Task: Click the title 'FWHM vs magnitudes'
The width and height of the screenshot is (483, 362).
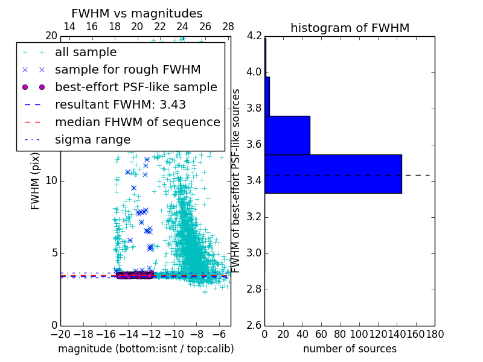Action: pyautogui.click(x=137, y=13)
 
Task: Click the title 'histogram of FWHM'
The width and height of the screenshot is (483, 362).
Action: pyautogui.click(x=350, y=28)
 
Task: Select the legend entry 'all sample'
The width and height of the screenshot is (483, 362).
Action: pyautogui.click(x=86, y=52)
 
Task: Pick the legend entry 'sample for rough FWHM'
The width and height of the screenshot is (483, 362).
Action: pyautogui.click(x=127, y=70)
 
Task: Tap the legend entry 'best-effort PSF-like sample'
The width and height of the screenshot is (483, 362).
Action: pyautogui.click(x=136, y=87)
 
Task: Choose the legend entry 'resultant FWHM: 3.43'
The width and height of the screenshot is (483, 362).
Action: pyautogui.click(x=120, y=104)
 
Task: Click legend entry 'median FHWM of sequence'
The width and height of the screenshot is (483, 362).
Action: pyautogui.click(x=137, y=122)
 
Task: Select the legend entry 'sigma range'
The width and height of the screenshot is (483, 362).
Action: pyautogui.click(x=92, y=139)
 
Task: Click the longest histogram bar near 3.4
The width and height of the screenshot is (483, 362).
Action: pyautogui.click(x=333, y=174)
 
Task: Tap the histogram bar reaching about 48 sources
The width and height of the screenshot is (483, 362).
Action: pyautogui.click(x=287, y=135)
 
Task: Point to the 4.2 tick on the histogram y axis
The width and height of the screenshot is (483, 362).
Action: pyautogui.click(x=255, y=36)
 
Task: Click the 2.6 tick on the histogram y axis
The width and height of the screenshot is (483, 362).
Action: pyautogui.click(x=255, y=325)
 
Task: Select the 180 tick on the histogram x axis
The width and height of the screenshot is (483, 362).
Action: pyautogui.click(x=435, y=334)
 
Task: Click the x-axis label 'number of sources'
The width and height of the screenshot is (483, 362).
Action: pyautogui.click(x=350, y=349)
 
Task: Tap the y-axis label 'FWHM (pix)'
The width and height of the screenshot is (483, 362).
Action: pyautogui.click(x=35, y=181)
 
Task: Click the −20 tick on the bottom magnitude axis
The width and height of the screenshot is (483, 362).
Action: pyautogui.click(x=60, y=334)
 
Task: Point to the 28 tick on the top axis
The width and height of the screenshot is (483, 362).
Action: pyautogui.click(x=228, y=27)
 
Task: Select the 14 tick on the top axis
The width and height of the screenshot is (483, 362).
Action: pyautogui.click(x=69, y=27)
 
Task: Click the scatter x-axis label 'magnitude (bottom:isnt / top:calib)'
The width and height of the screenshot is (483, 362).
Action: pyautogui.click(x=146, y=349)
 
